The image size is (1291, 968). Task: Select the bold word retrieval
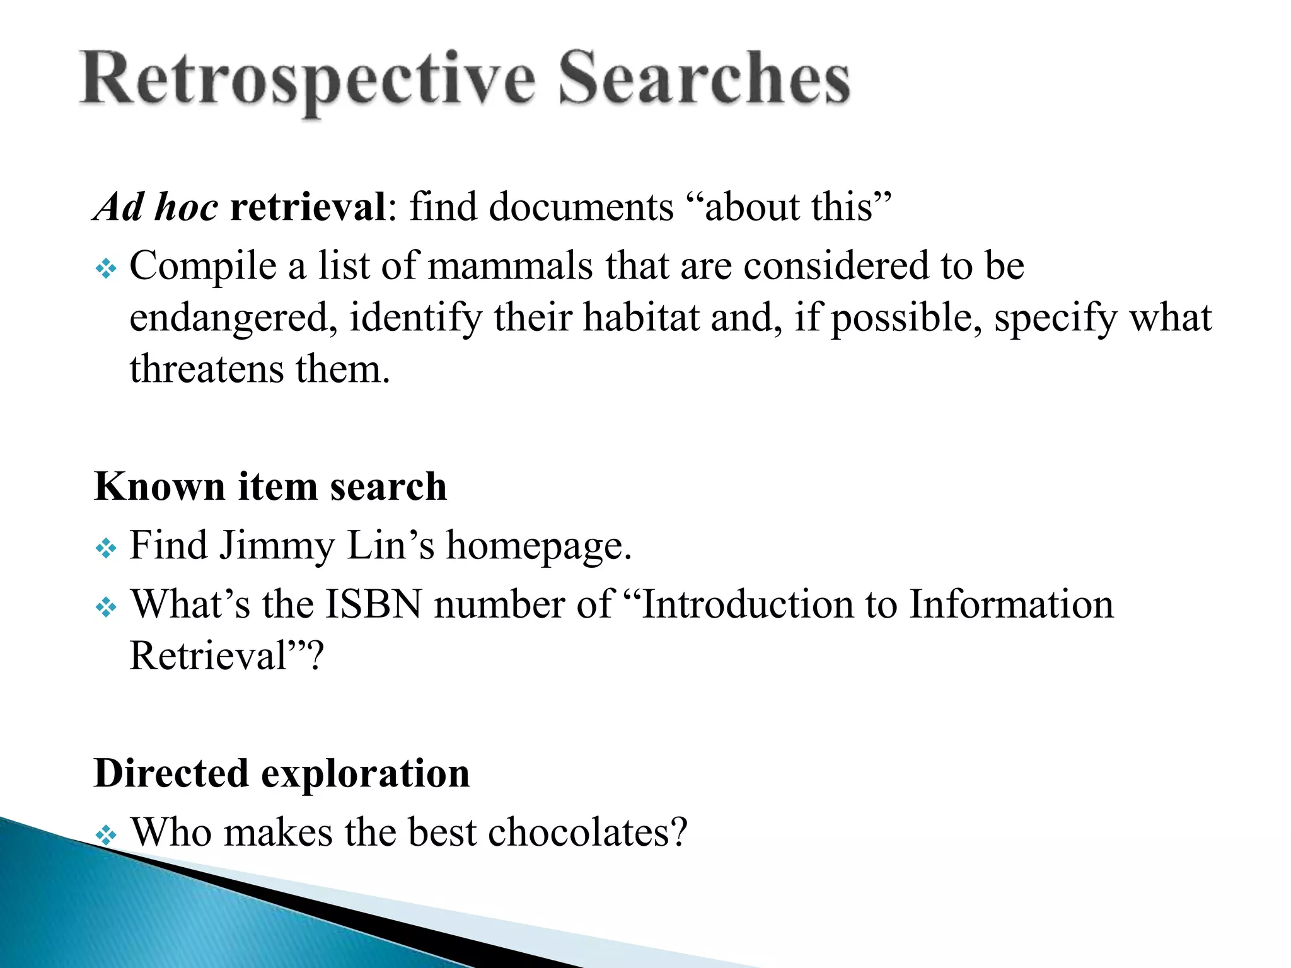point(308,207)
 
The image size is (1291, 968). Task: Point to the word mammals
point(511,265)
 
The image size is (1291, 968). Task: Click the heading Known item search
point(270,487)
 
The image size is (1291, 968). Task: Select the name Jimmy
point(277,546)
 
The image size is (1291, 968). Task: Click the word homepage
point(538,546)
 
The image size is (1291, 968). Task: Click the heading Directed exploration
point(282,773)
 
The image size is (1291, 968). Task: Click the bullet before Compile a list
point(106,270)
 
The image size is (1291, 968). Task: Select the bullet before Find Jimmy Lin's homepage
point(106,549)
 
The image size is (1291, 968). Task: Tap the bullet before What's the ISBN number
point(106,608)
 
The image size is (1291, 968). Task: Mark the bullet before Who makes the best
point(106,836)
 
